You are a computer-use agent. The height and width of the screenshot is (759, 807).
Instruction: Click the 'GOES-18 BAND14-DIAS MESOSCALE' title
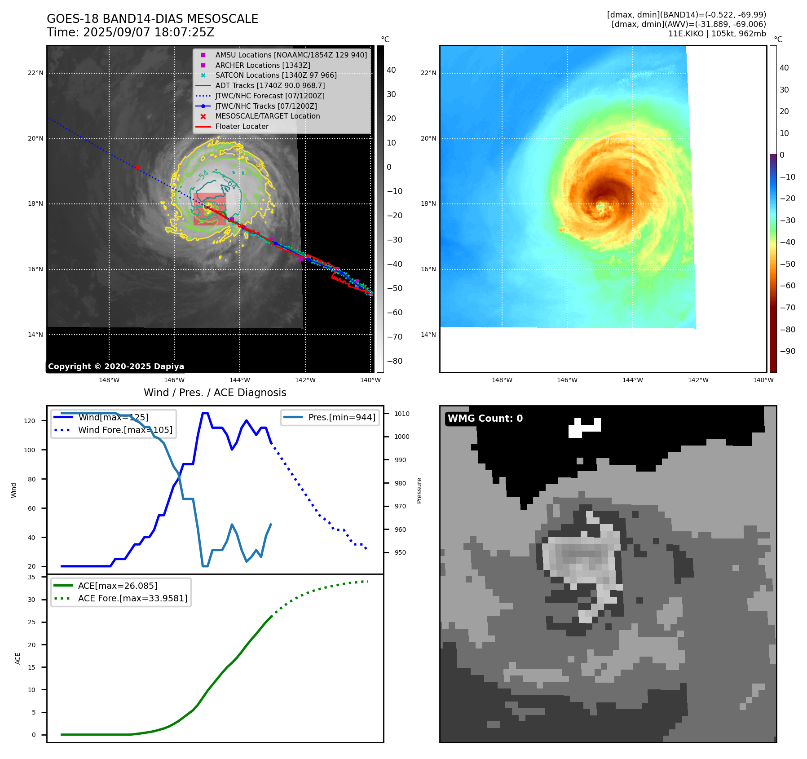click(152, 19)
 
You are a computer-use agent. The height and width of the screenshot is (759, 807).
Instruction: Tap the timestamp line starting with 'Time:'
click(130, 32)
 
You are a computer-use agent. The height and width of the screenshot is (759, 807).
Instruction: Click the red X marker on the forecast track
click(137, 167)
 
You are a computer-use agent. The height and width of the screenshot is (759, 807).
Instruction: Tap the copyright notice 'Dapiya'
click(116, 366)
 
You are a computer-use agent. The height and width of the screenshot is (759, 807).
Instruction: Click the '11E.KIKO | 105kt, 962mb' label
click(717, 34)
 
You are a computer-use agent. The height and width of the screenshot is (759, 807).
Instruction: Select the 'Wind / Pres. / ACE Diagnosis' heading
click(215, 393)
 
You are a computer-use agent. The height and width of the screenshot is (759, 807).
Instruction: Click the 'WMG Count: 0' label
click(485, 419)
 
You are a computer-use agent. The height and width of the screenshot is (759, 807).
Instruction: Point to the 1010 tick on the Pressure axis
click(402, 414)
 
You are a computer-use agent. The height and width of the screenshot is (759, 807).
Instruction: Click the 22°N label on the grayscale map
click(35, 73)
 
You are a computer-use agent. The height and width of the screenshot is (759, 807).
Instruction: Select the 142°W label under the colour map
click(698, 380)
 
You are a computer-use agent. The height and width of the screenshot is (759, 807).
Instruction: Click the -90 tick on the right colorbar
click(787, 351)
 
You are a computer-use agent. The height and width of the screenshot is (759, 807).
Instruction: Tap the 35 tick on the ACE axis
click(31, 577)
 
